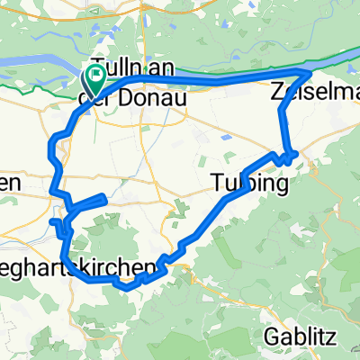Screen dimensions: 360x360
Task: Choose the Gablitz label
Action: click(302, 337)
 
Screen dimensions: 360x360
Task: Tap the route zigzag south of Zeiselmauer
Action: click(289, 155)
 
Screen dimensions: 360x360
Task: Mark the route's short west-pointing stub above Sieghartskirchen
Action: click(54, 223)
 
